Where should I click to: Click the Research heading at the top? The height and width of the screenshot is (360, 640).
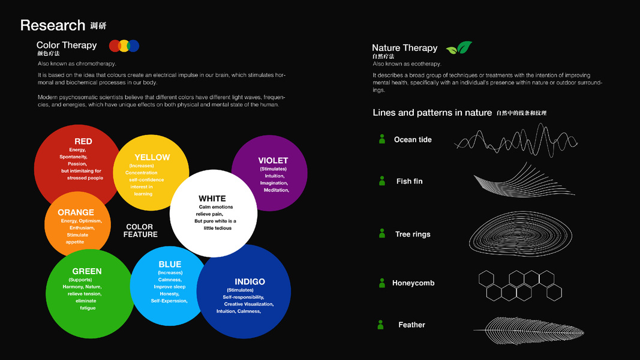click(x=53, y=25)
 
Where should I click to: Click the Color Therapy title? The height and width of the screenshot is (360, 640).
click(x=67, y=45)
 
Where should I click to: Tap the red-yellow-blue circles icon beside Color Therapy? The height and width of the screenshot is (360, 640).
click(x=124, y=46)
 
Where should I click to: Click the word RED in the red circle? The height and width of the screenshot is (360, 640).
click(x=83, y=142)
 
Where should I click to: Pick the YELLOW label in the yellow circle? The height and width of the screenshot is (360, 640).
click(x=152, y=157)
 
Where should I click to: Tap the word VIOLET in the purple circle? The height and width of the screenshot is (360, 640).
click(x=273, y=161)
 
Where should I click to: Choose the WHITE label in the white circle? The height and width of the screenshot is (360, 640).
click(x=212, y=199)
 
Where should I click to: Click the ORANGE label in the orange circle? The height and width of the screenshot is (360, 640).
click(x=76, y=212)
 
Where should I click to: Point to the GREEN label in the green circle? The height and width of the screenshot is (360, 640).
click(x=87, y=271)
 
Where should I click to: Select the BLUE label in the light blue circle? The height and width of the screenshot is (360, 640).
click(x=170, y=265)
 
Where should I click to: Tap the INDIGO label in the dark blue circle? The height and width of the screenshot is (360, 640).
click(x=250, y=282)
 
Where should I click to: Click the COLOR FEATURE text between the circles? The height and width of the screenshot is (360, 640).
click(x=140, y=231)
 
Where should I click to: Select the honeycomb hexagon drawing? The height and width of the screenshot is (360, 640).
click(x=520, y=285)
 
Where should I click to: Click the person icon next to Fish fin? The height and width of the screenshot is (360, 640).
click(x=382, y=181)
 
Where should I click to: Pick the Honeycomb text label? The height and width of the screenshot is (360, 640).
click(x=413, y=283)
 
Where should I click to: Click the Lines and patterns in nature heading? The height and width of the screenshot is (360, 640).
click(x=432, y=113)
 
